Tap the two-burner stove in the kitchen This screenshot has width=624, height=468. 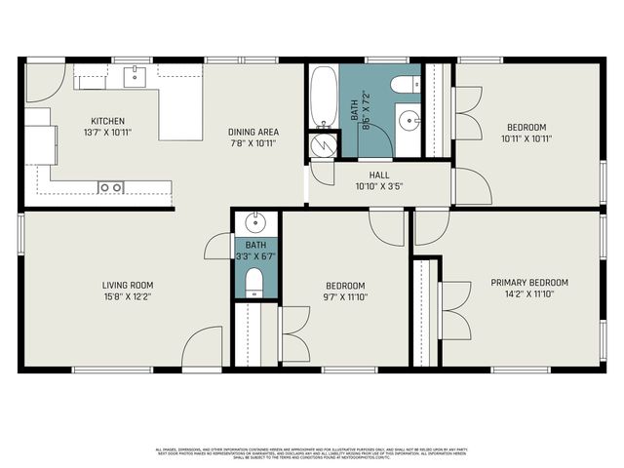(x=110, y=186)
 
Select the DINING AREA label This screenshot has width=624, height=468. (x=253, y=132)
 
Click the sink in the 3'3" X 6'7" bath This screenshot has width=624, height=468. (x=255, y=220)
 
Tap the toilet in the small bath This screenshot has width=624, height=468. (x=255, y=283)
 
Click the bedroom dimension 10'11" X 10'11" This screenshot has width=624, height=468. (x=526, y=138)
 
